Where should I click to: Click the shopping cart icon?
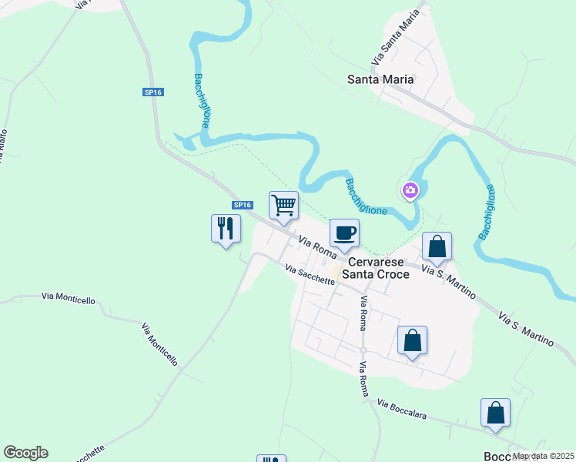click(283, 206)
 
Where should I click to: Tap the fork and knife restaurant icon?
click(225, 229)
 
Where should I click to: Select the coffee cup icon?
click(344, 232)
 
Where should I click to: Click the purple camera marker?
click(410, 190)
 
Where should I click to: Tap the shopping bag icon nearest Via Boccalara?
click(495, 413)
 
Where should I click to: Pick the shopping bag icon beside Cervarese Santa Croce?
click(437, 247)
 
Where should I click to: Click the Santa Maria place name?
click(380, 79)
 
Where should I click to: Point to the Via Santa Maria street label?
click(397, 37)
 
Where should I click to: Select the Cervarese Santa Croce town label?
click(372, 267)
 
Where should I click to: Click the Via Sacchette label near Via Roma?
click(310, 275)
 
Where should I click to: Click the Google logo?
click(25, 453)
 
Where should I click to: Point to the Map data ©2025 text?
click(544, 456)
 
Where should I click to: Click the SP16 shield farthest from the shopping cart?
click(152, 92)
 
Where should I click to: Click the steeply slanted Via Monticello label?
click(159, 344)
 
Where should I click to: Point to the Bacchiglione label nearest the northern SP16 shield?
click(203, 100)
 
